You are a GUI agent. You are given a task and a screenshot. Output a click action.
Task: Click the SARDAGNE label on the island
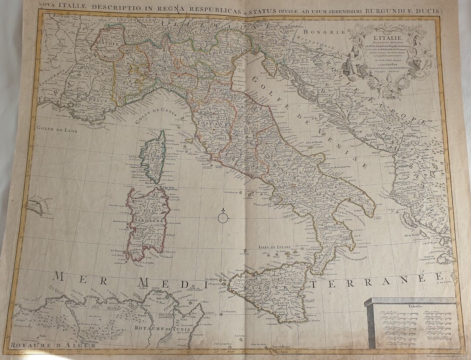[x=148, y=221]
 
